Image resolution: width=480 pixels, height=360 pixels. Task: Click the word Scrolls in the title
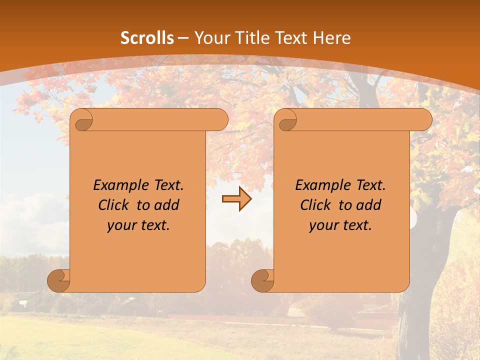147,38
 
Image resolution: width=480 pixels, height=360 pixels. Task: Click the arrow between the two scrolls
236,199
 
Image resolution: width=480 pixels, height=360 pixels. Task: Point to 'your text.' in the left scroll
138,225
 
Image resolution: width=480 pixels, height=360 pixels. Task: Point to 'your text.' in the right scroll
340,225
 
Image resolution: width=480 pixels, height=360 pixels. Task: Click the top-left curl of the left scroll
82,120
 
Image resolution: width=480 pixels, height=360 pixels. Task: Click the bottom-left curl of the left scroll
58,280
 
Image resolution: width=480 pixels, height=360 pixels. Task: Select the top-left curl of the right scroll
286,120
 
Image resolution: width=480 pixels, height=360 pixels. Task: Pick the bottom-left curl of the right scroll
262,280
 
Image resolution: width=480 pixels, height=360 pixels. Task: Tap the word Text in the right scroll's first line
370,185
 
